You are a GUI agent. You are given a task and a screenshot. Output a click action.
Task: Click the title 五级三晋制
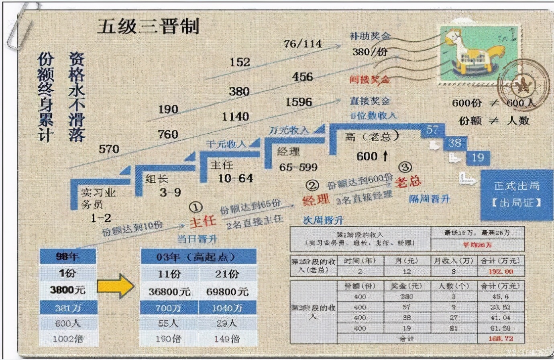click(x=148, y=27)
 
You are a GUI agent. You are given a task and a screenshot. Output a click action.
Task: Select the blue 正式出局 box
click(x=516, y=194)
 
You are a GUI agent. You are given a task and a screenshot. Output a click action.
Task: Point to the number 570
click(x=109, y=149)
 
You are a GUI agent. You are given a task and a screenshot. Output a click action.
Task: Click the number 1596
click(x=299, y=102)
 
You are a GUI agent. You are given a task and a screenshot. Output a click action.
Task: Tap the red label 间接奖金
click(x=369, y=80)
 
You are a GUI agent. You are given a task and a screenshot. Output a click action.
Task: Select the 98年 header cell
click(x=67, y=256)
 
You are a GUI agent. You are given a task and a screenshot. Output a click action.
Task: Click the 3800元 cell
click(x=67, y=290)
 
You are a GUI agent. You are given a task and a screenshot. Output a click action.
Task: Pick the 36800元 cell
click(x=169, y=292)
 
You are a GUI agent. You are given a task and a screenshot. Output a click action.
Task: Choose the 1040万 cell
click(x=227, y=308)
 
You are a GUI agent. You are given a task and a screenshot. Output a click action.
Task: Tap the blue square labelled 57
click(x=433, y=130)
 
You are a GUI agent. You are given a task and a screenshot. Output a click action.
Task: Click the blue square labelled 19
click(x=478, y=157)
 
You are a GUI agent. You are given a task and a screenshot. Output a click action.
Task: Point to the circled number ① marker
click(x=196, y=207)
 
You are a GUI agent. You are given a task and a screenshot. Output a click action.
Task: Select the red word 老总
click(x=408, y=182)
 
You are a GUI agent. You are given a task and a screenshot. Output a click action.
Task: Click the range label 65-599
click(x=298, y=167)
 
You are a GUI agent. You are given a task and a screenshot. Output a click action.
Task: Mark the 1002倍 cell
click(x=68, y=339)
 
